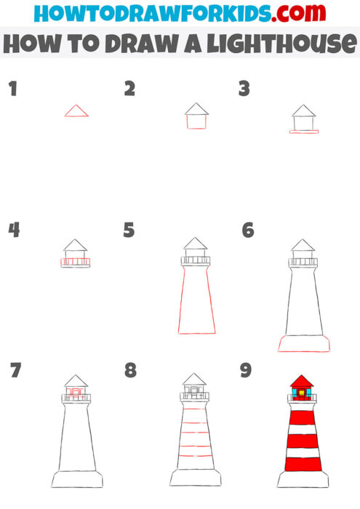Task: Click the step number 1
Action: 12,89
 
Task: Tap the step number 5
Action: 129,231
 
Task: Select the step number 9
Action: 246,371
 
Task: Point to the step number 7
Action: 15,371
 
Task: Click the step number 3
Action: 244,89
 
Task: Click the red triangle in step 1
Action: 76,111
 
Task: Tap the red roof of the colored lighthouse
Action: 301,381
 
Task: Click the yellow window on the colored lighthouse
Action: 301,393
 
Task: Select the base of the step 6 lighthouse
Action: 303,343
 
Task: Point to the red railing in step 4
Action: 76,261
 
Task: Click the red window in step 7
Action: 76,393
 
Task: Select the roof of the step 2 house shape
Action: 196,109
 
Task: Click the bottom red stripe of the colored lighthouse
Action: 301,463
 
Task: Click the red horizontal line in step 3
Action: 304,132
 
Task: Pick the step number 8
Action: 130,371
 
